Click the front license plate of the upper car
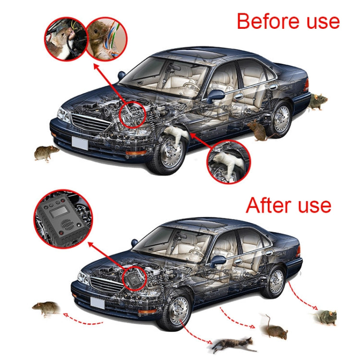[x=80, y=143]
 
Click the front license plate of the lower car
[x=97, y=303]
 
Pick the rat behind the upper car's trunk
[x=317, y=101]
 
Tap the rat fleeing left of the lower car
[x=47, y=308]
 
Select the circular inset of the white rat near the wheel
[x=228, y=162]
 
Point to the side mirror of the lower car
[x=218, y=261]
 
